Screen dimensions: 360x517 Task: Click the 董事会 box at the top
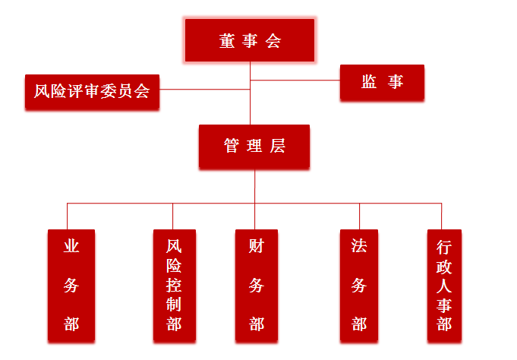point(250,41)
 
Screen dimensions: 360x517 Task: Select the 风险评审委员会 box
point(92,93)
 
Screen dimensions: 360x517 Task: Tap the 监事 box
point(381,83)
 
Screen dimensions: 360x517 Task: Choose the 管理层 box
point(254,147)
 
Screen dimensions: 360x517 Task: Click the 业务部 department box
point(71,285)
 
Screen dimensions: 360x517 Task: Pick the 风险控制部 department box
point(174,285)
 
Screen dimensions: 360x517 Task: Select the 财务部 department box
point(256,285)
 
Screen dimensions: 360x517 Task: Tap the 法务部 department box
point(359,285)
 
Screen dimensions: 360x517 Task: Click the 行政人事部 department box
point(444,285)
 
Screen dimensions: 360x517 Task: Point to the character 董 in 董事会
point(227,41)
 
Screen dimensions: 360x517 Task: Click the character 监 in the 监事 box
point(369,83)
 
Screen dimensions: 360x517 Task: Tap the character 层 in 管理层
point(277,147)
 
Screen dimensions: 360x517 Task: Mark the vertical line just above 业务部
point(68,216)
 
